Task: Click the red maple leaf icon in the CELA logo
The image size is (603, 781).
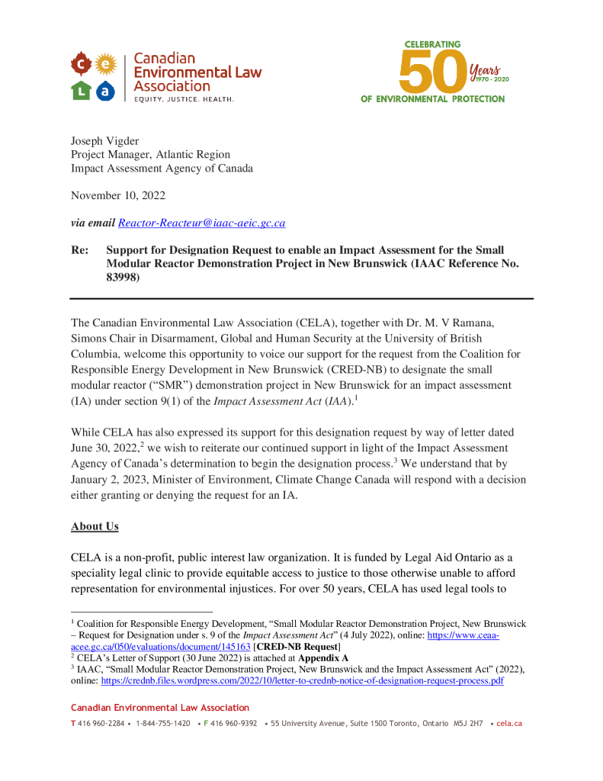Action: [x=81, y=63]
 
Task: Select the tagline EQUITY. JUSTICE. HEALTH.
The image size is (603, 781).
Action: [x=184, y=100]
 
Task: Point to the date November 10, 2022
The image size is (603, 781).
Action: [x=118, y=195]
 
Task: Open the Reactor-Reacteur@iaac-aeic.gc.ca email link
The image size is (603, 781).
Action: [x=201, y=223]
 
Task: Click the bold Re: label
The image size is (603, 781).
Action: [x=79, y=250]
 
